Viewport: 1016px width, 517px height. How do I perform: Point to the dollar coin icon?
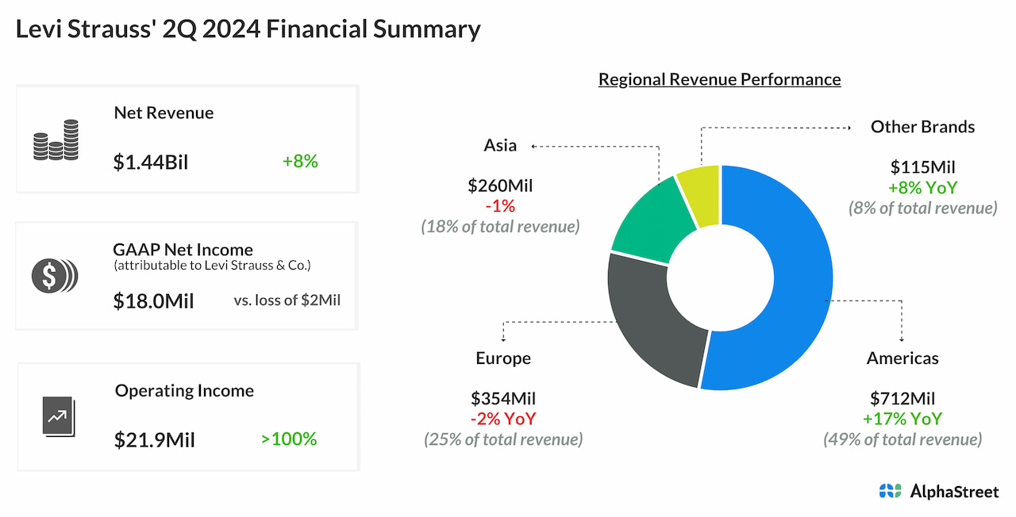coord(55,275)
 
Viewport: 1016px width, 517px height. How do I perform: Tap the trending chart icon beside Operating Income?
coord(57,416)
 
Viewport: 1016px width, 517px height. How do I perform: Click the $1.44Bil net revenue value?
coord(151,162)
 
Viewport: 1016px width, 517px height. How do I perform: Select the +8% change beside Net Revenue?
coord(300,161)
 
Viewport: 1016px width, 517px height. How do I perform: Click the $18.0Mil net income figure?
coord(153,301)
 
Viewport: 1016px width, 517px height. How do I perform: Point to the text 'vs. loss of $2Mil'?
coord(287,301)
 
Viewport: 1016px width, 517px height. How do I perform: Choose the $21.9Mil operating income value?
coord(154,439)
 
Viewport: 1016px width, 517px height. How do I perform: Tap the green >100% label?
coord(289,438)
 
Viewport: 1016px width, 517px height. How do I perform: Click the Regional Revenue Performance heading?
coord(719,79)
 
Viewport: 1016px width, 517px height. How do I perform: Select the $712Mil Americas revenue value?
coord(902,398)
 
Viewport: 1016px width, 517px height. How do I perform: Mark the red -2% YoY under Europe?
coord(503,419)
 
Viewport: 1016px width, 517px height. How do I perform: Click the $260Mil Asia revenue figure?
coord(500,186)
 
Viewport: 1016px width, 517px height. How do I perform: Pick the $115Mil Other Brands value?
coord(922,167)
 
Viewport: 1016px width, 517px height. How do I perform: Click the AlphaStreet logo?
coord(939,492)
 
